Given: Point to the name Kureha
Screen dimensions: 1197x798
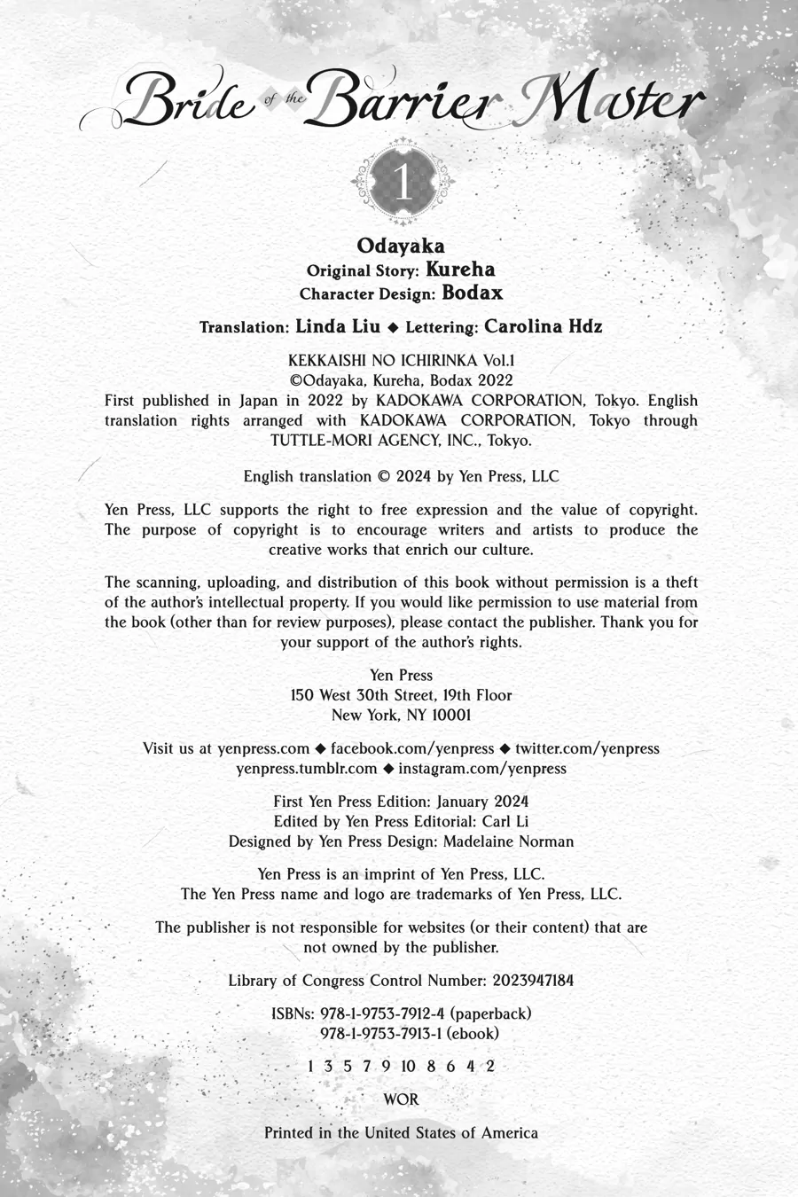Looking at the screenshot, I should point(460,270).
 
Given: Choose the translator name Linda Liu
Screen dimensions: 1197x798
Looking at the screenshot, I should point(338,326).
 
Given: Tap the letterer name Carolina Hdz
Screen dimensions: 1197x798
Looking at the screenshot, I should point(544,326).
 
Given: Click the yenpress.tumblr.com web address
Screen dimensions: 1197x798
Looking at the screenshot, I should point(307,769).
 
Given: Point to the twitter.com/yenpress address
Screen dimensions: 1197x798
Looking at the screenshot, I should point(587,748).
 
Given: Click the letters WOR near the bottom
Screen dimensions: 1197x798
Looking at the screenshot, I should point(401,1099).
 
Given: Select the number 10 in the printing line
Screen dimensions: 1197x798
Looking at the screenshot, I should point(409,1067).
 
